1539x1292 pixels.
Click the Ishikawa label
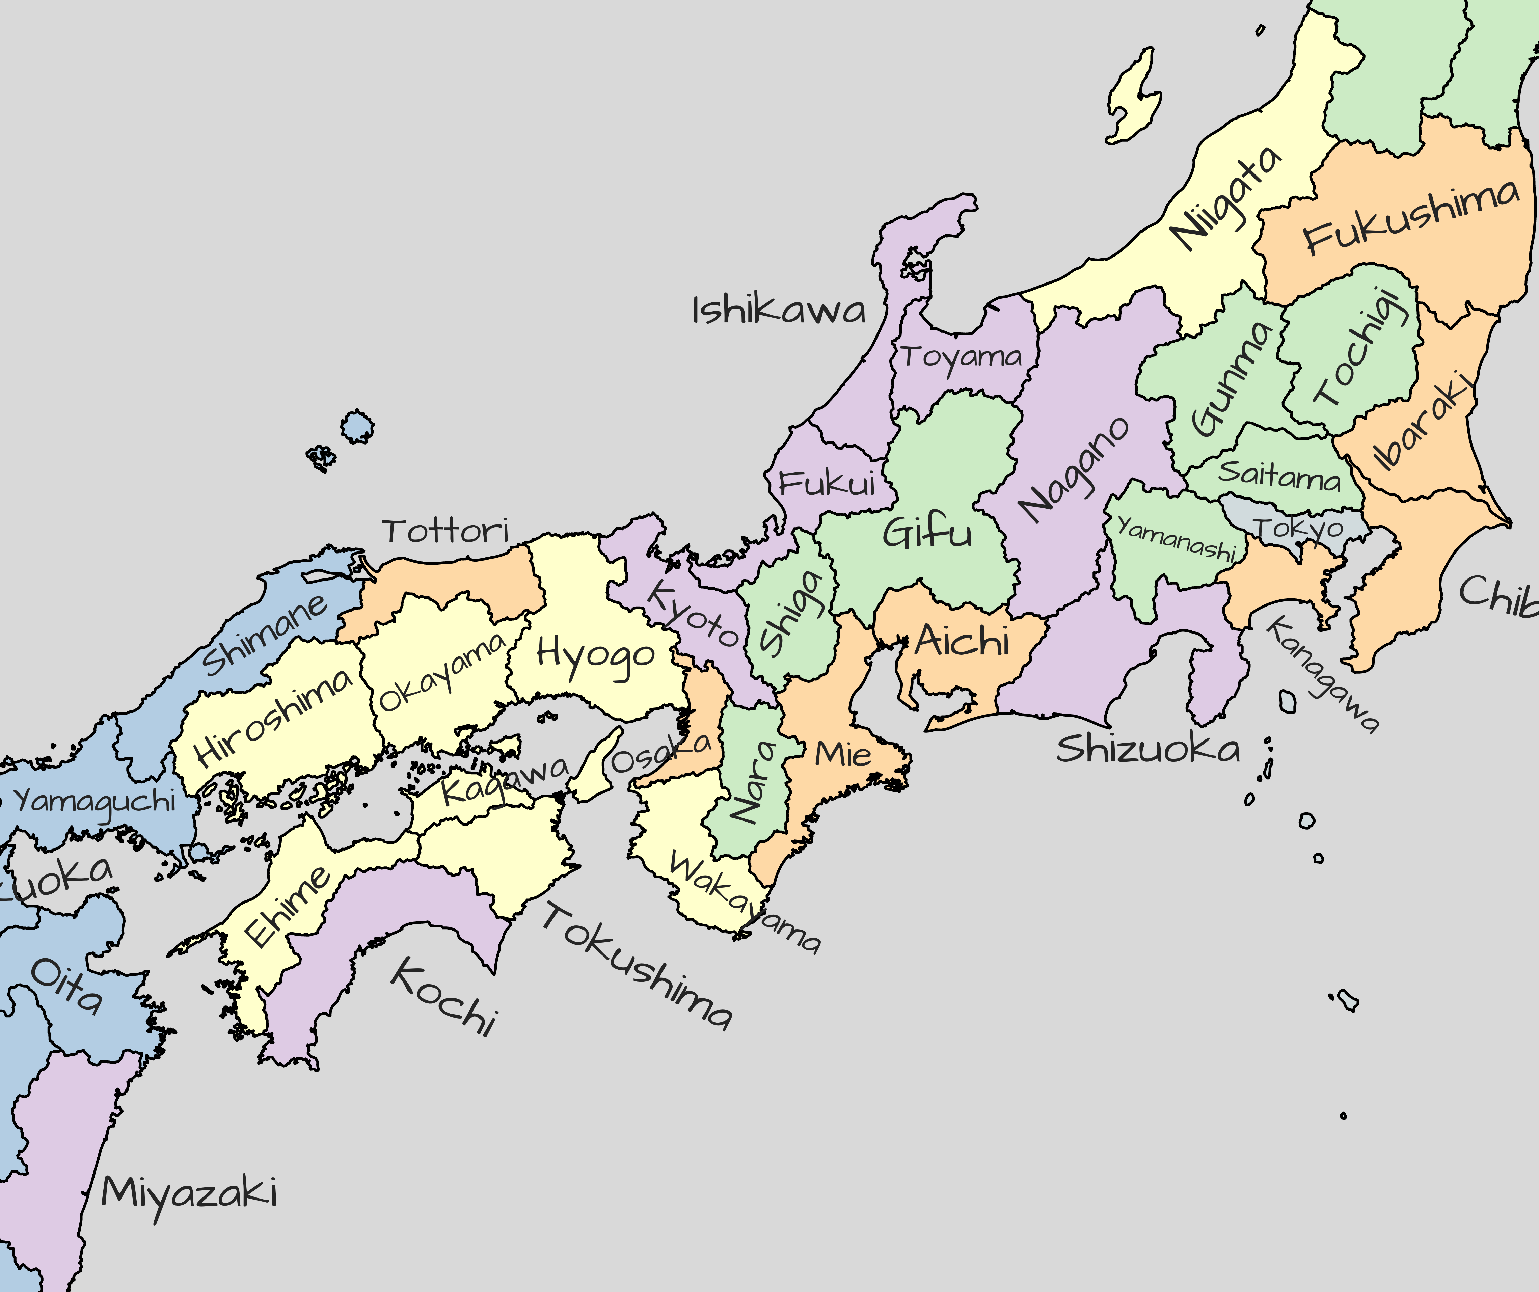tap(779, 311)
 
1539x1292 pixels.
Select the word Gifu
tap(927, 533)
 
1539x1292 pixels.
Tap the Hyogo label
tap(595, 654)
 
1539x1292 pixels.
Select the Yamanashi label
tap(1176, 539)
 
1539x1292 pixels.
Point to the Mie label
tap(843, 753)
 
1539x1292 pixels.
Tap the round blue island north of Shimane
tap(357, 426)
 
